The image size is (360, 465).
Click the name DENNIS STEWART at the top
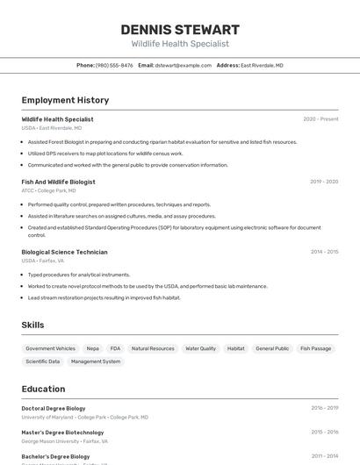click(180, 30)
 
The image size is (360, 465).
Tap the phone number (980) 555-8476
click(114, 65)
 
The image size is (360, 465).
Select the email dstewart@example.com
click(184, 65)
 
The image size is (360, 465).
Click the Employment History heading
click(65, 100)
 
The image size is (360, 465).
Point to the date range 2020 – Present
click(320, 119)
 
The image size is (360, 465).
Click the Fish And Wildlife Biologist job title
click(58, 182)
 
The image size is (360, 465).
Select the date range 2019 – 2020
click(324, 182)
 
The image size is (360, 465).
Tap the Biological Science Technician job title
click(64, 252)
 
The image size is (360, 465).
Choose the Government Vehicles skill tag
click(51, 348)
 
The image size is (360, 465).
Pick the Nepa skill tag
click(93, 348)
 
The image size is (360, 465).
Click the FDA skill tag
click(115, 348)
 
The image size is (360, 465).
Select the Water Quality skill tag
click(200, 348)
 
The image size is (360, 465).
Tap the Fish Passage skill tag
click(315, 348)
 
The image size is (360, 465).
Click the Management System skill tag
click(96, 361)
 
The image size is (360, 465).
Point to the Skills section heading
click(32, 325)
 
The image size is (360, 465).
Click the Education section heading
click(43, 389)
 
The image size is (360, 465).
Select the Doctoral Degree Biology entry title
click(54, 408)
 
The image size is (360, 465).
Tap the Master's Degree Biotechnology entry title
click(62, 433)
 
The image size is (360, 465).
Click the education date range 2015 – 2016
click(324, 433)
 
